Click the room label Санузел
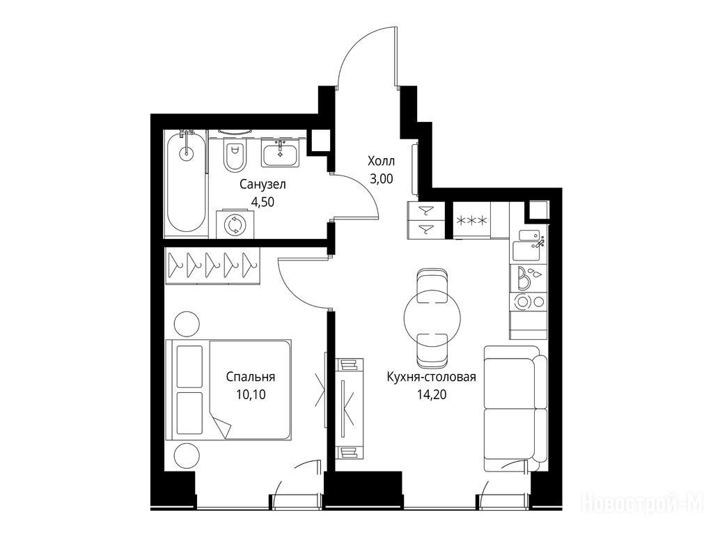[263, 185]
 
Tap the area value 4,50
[263, 202]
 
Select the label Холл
[381, 161]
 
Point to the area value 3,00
[381, 179]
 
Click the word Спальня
[251, 377]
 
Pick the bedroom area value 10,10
[251, 394]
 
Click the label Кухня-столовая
[431, 377]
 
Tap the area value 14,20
[432, 394]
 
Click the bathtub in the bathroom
[186, 183]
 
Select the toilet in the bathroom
[235, 153]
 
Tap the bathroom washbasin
[280, 153]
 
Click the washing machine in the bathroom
[235, 224]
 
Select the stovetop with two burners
[528, 301]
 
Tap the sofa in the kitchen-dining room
[515, 408]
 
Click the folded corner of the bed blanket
[222, 427]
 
